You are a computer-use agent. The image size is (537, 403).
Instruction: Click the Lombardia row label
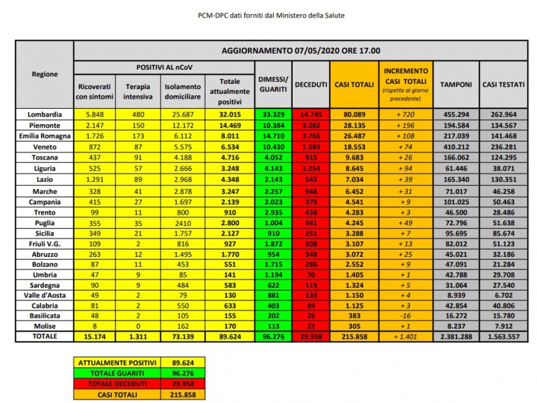click(44, 115)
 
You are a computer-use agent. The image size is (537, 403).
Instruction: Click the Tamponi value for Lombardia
click(455, 115)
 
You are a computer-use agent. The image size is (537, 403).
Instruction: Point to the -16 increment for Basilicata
click(405, 314)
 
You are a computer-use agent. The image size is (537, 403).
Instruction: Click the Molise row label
click(44, 325)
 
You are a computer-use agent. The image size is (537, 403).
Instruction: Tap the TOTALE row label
click(44, 336)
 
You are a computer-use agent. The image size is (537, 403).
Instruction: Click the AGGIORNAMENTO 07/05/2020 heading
click(301, 50)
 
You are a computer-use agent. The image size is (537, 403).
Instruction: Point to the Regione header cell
click(44, 74)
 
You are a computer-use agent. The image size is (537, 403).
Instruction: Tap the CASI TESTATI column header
click(501, 84)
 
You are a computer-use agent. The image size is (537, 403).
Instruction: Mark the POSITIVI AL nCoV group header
click(164, 68)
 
